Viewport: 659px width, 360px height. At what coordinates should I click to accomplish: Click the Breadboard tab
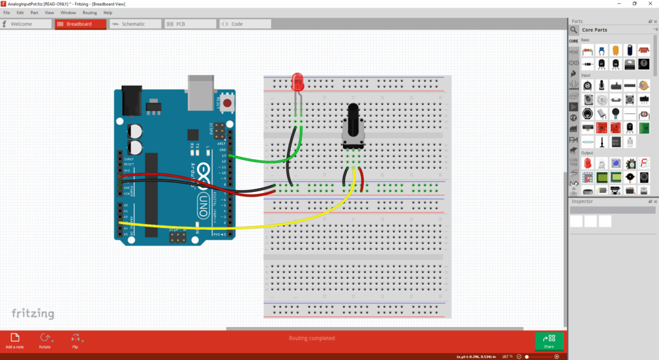(80, 24)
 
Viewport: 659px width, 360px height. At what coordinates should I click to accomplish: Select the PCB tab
(190, 24)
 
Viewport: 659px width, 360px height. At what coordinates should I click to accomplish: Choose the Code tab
(245, 24)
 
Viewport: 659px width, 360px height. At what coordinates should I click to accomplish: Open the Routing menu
(89, 12)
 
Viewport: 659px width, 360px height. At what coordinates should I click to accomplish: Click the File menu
(6, 12)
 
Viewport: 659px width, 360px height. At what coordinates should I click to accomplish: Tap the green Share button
(549, 341)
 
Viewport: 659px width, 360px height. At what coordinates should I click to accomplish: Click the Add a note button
(15, 340)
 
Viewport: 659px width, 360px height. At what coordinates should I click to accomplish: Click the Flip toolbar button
(75, 340)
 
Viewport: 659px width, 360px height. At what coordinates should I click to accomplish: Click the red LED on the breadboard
(297, 82)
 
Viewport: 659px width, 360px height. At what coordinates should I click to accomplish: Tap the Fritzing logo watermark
(33, 314)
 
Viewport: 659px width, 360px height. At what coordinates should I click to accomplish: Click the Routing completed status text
(311, 338)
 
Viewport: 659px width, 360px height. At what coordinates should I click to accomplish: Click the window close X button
(650, 4)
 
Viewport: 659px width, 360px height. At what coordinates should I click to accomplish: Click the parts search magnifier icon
(573, 30)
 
